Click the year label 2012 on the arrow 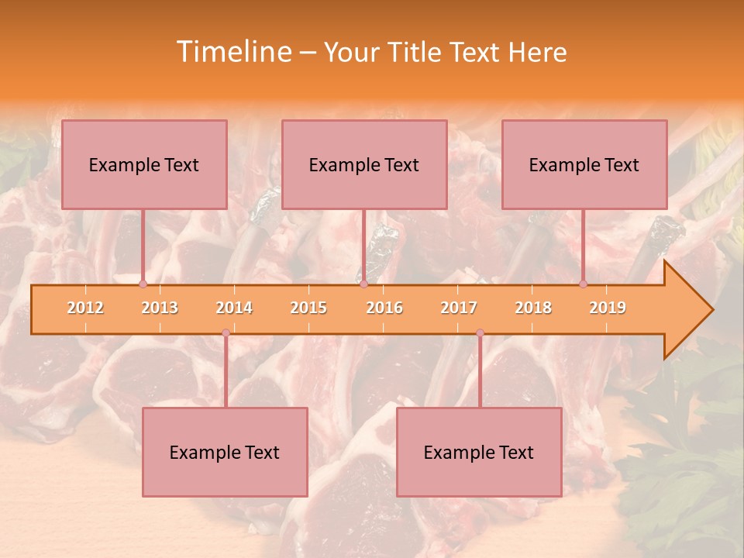pos(85,308)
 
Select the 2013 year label pos(160,308)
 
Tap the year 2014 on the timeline pos(234,308)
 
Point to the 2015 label pos(308,308)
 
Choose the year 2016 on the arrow pos(384,308)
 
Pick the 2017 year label pos(459,308)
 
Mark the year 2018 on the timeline pos(533,308)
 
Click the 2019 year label pos(608,308)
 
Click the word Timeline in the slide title pos(232,52)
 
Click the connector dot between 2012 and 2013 pos(143,284)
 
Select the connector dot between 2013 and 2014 pos(226,333)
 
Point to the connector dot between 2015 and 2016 pos(363,284)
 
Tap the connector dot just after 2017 pos(480,333)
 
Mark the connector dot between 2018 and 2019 pos(584,284)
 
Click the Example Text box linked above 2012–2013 pos(144,164)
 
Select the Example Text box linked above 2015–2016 pos(364,164)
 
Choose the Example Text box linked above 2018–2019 pos(584,164)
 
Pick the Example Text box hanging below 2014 pos(225,452)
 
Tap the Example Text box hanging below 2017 pos(479,452)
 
